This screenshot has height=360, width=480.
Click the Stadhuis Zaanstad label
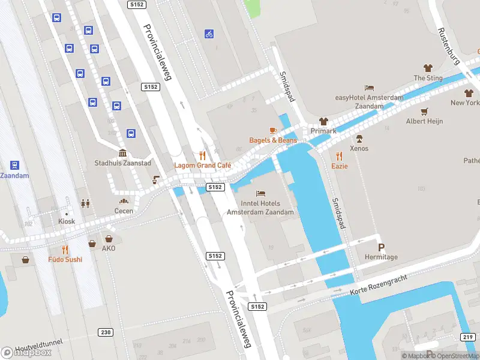click(x=123, y=163)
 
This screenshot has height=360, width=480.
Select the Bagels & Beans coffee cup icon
click(x=273, y=130)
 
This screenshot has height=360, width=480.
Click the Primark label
click(x=323, y=131)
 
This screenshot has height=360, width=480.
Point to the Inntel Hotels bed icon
click(x=260, y=193)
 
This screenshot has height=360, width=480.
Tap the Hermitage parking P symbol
click(x=380, y=247)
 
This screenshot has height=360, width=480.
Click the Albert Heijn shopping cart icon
click(x=425, y=111)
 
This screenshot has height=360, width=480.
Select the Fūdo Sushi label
click(x=65, y=259)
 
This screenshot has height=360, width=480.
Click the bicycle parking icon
click(x=209, y=34)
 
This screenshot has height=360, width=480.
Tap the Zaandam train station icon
click(x=14, y=165)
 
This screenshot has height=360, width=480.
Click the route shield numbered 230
click(x=106, y=332)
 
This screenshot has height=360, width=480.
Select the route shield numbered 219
click(x=468, y=337)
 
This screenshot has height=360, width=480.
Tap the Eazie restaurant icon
click(x=340, y=155)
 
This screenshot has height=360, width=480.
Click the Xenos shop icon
click(x=359, y=138)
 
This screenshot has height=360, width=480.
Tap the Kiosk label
click(x=67, y=221)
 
